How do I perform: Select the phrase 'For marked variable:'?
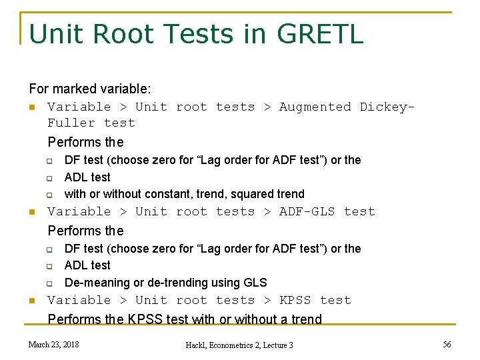90,89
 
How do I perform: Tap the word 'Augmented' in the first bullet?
315,107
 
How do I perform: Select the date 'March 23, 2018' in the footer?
53,344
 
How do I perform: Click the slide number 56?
447,344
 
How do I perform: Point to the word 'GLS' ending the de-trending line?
255,282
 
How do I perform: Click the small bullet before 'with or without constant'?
49,195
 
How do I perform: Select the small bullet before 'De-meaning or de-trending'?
49,283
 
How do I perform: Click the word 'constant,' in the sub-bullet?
176,194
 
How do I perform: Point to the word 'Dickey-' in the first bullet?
387,107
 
